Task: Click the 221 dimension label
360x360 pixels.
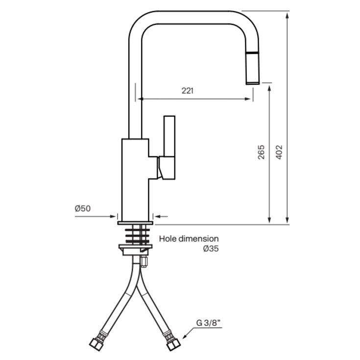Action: pos(187,91)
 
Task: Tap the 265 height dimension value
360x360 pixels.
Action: pos(261,152)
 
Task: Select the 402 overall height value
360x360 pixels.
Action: pos(279,152)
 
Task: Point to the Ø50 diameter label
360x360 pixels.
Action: pos(83,209)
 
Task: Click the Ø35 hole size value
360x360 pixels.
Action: pos(211,248)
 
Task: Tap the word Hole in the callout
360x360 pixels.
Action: pos(168,239)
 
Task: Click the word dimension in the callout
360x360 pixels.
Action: pos(198,239)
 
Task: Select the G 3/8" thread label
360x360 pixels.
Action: pos(208,323)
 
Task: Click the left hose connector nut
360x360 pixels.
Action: pos(95,344)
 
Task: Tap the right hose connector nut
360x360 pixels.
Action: pos(173,344)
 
